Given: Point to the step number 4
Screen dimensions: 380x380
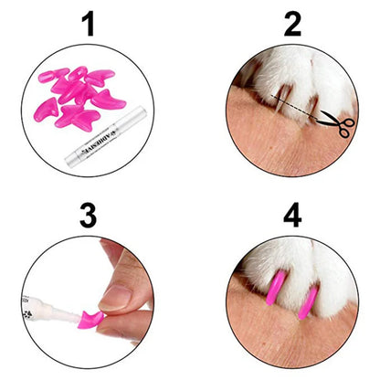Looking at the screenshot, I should pyautogui.click(x=292, y=217).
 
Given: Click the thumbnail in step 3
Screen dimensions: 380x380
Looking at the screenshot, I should pyautogui.click(x=117, y=296).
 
